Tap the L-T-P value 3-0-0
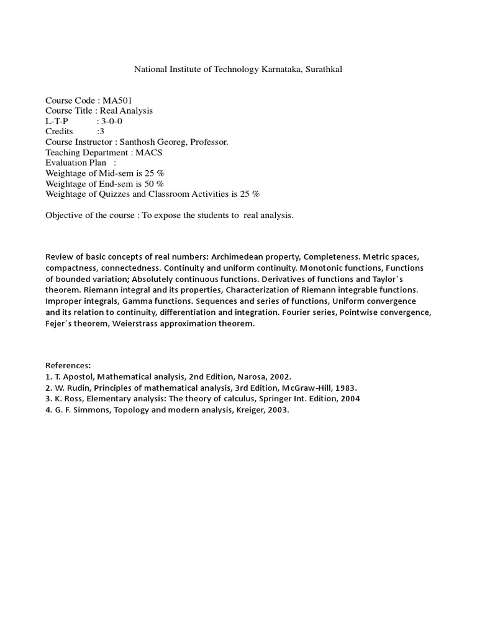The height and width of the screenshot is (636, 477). pyautogui.click(x=112, y=121)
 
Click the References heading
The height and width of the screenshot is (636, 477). pyautogui.click(x=68, y=366)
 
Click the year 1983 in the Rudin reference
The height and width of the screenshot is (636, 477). pyautogui.click(x=343, y=388)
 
